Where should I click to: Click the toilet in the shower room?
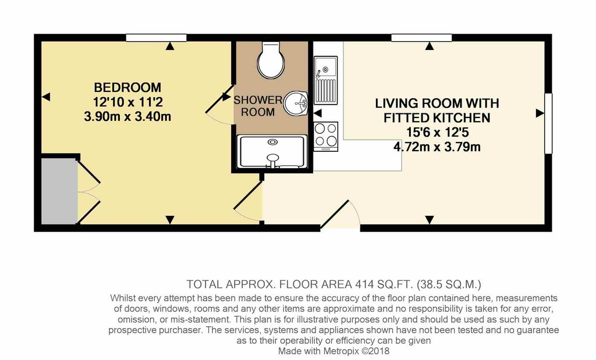click(271, 60)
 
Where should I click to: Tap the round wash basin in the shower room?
click(296, 103)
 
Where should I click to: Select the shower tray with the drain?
click(272, 152)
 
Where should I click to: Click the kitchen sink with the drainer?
click(325, 80)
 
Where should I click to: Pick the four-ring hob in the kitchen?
click(326, 136)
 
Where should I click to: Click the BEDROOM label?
click(127, 88)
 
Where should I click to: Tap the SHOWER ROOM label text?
click(258, 106)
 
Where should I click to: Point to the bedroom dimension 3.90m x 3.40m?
click(127, 116)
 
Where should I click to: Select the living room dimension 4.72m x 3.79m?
click(437, 147)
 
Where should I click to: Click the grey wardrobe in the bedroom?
click(59, 191)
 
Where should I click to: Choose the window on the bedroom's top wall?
click(156, 38)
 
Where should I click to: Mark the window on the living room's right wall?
click(548, 123)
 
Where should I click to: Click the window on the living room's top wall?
click(421, 38)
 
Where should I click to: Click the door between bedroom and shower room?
click(219, 105)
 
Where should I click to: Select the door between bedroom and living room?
click(248, 201)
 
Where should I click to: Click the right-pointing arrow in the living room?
click(540, 113)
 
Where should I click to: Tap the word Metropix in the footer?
click(341, 351)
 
